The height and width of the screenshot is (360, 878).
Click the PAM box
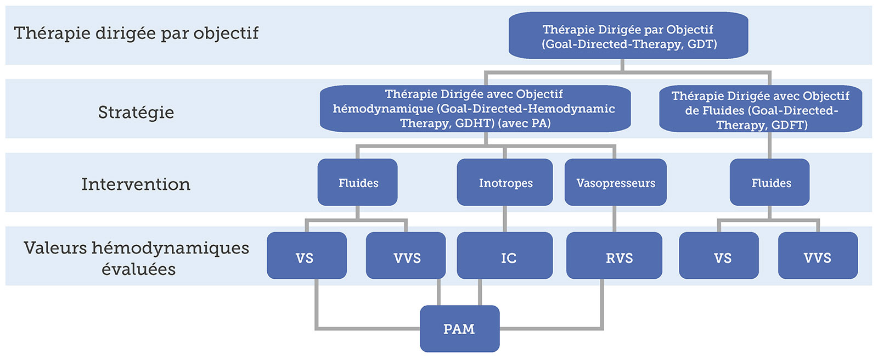coord(459,329)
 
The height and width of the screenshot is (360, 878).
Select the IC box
coord(505,255)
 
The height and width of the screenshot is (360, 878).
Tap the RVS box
coord(614,255)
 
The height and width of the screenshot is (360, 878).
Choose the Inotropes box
coord(505,182)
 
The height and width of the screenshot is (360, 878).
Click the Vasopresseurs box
coord(615,182)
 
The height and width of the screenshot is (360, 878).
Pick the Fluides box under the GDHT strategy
coord(357,182)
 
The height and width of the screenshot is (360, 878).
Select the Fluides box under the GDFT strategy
coord(769,182)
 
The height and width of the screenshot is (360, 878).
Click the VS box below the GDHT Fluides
coord(307,255)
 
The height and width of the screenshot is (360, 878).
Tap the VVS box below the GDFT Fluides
coord(818,255)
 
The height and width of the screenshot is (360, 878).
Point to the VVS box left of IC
coord(406,255)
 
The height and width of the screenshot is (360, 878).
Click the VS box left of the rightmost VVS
coord(719,255)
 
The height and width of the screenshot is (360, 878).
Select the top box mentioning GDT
coord(628,35)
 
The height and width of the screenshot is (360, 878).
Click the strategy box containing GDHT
coord(475,109)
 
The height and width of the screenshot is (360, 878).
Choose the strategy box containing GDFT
coord(761,109)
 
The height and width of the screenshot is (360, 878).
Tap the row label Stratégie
coord(136,112)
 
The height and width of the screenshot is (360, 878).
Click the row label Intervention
coord(136,184)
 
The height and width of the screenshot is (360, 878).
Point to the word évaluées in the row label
coord(138,269)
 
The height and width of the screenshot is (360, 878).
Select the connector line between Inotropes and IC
coord(505,219)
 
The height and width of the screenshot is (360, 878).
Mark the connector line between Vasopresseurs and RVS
coord(614,219)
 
